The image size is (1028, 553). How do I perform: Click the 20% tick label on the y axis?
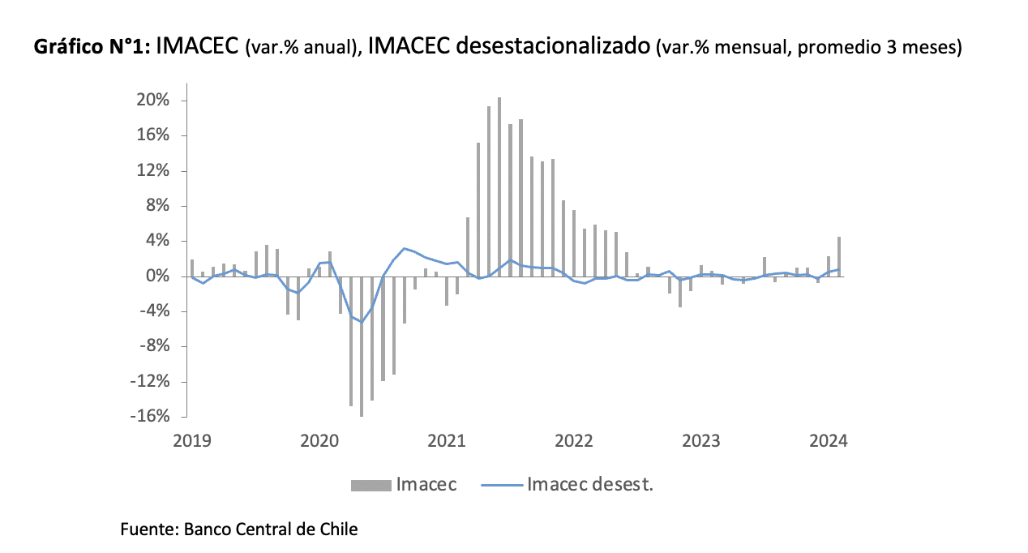coord(152,101)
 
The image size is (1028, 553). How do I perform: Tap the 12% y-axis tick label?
coord(152,171)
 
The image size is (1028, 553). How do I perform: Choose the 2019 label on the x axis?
coord(192,441)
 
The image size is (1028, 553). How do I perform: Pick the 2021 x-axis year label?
coord(447,441)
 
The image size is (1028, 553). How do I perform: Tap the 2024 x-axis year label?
coord(829,441)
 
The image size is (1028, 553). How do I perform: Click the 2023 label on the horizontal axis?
coord(701,441)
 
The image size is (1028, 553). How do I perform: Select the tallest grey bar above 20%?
coord(499,186)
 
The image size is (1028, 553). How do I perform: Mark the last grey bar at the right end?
coord(839,256)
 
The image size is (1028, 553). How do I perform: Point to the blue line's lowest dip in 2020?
coord(362,322)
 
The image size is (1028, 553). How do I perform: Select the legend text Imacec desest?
coord(590,485)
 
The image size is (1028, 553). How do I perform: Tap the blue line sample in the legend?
coord(500,486)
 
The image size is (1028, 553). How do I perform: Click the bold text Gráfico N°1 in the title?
coord(91,48)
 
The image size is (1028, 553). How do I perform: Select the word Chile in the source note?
coord(336,530)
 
